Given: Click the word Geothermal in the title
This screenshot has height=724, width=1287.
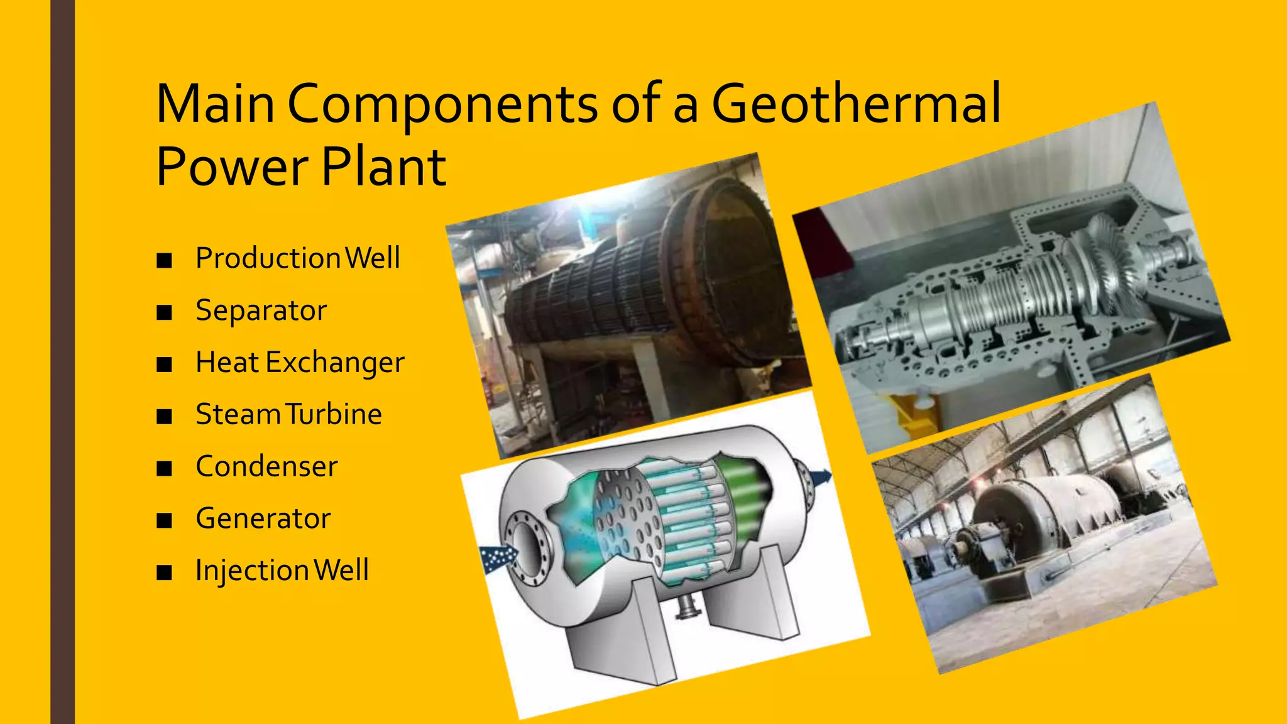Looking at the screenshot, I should point(856,104).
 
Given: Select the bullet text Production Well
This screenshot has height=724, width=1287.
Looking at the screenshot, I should point(297,258).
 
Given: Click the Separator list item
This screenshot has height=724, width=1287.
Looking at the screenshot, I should point(261,310).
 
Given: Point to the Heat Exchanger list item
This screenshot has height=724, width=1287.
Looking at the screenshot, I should point(300,363).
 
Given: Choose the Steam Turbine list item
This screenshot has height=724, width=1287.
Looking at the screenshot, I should point(288,415).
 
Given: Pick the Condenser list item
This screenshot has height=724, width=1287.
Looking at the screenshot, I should point(266,466).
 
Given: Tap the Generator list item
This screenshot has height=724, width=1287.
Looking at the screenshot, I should point(263,518).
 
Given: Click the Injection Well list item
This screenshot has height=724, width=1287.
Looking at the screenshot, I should point(282,571).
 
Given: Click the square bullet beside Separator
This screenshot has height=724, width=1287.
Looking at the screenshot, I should point(165,312).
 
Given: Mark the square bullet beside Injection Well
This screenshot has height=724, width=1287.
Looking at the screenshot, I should point(165,573).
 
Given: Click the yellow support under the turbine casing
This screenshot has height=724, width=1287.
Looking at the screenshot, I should point(911,412).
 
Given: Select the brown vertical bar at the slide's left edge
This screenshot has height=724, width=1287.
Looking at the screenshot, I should point(62,362).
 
